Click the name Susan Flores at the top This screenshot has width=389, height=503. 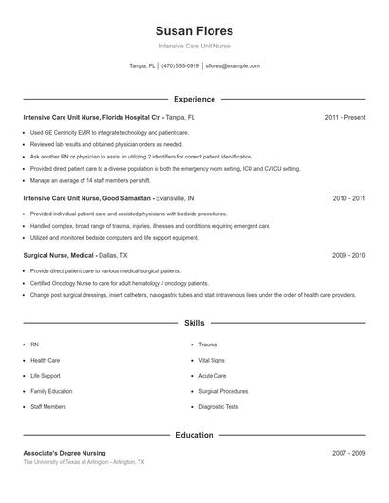[x=194, y=30]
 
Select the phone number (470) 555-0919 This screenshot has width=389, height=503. [x=180, y=66]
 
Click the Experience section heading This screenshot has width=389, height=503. [x=194, y=99]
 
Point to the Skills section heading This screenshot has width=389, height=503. [x=194, y=323]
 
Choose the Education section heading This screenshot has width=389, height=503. [x=194, y=435]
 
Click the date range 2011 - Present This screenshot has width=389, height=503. [x=344, y=117]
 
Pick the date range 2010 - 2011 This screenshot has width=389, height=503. [x=348, y=199]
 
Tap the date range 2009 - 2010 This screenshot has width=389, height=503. [x=348, y=255]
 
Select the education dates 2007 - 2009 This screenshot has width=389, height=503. [x=348, y=453]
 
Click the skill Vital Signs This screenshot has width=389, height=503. [x=212, y=360]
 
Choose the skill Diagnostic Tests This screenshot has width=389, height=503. [x=218, y=406]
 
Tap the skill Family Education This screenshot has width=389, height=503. [x=51, y=391]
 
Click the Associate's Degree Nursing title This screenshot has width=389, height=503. [x=65, y=453]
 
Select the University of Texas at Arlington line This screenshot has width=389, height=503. [x=83, y=462]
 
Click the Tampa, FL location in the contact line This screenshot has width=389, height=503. [x=141, y=66]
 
